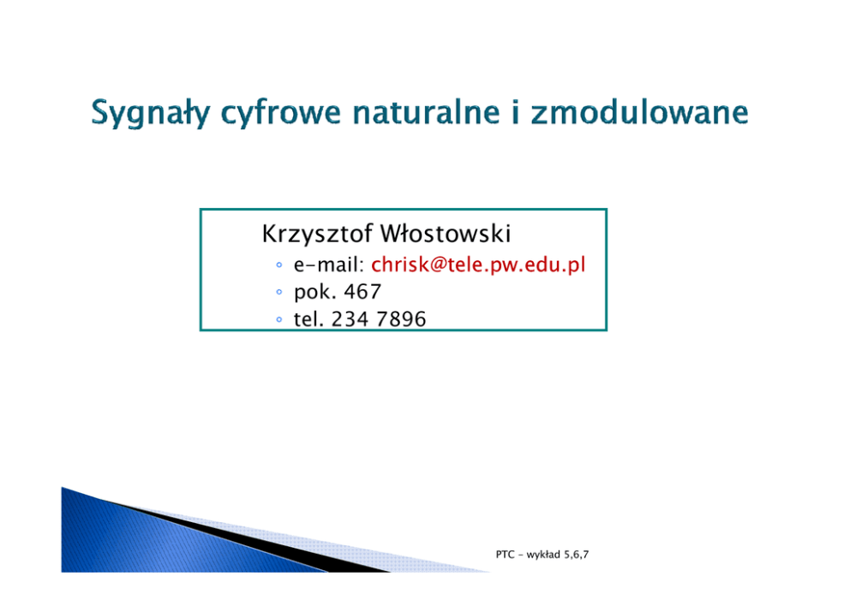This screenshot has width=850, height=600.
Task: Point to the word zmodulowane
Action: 640,112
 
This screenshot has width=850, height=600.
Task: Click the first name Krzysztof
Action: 317,234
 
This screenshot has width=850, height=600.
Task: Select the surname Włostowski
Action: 445,234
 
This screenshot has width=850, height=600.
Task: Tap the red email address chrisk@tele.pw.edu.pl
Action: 478,264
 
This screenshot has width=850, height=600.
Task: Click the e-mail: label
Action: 329,264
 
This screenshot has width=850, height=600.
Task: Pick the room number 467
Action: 362,292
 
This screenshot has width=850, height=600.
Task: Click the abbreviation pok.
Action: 315,293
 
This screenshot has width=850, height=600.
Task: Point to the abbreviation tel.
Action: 308,319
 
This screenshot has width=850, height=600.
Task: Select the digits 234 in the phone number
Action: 349,319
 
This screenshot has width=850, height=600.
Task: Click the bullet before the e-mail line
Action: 279,264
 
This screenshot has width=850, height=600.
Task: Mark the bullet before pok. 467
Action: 279,292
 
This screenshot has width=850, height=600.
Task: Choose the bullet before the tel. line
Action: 279,319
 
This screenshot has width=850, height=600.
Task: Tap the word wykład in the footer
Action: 543,555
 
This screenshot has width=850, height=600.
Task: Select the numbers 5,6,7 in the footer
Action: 577,555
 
